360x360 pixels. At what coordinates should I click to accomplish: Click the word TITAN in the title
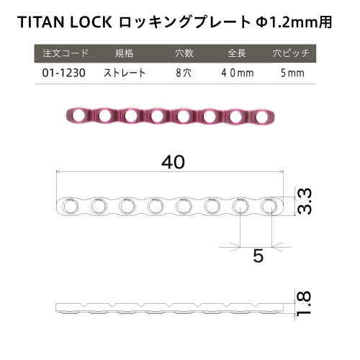[x=41, y=22]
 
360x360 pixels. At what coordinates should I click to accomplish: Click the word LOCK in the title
[x=91, y=22]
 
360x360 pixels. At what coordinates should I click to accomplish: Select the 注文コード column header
[x=66, y=53]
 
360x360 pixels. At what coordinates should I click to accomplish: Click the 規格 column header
[x=124, y=53]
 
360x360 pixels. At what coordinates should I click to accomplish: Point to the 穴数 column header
[x=184, y=53]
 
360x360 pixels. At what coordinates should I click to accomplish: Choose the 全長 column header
[x=237, y=53]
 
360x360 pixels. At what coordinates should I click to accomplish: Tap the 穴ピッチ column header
[x=291, y=53]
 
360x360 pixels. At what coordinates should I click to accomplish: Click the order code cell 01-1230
[x=63, y=73]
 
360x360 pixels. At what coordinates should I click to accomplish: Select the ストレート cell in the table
[x=125, y=73]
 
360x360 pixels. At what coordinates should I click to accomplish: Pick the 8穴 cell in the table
[x=184, y=73]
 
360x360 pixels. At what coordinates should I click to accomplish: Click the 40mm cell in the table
[x=238, y=73]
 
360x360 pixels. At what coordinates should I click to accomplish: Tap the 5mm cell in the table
[x=292, y=73]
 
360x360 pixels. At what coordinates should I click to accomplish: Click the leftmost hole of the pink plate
[x=78, y=115]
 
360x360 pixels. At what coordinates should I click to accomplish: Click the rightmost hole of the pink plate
[x=262, y=117]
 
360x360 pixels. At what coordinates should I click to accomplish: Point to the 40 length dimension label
[x=173, y=162]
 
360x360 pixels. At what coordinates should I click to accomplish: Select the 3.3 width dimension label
[x=305, y=201]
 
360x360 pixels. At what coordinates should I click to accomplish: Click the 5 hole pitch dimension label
[x=258, y=256]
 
